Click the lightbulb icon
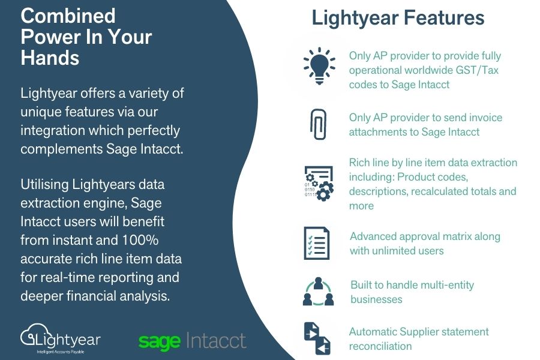click(x=319, y=66)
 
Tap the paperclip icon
click(x=318, y=124)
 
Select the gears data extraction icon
click(x=319, y=183)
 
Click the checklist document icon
click(x=316, y=243)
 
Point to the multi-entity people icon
click(x=318, y=292)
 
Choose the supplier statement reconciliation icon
click(x=317, y=338)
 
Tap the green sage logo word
click(x=159, y=341)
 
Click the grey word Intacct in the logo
click(x=216, y=340)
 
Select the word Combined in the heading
click(x=68, y=16)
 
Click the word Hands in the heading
click(x=50, y=58)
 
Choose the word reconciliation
click(x=380, y=346)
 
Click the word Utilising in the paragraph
click(x=44, y=185)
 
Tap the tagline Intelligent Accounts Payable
click(x=61, y=352)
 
